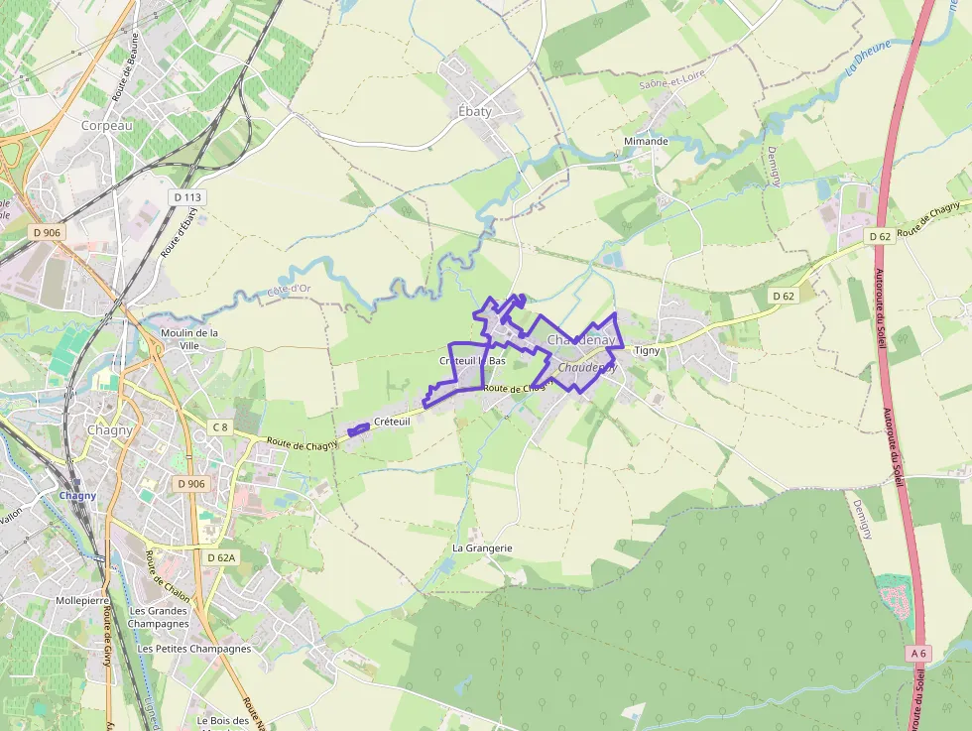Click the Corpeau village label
pyautogui.click(x=107, y=126)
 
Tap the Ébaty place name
pyautogui.click(x=474, y=111)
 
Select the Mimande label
pyautogui.click(x=646, y=141)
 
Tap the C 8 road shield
pyautogui.click(x=219, y=427)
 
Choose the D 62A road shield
pyautogui.click(x=221, y=557)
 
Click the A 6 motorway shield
pyautogui.click(x=918, y=654)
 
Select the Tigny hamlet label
pyautogui.click(x=647, y=350)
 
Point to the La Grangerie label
pyautogui.click(x=482, y=548)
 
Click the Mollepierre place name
pyautogui.click(x=82, y=601)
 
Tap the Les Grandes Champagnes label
pyautogui.click(x=159, y=617)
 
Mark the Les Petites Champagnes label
pyautogui.click(x=194, y=649)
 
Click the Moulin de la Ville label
pyautogui.click(x=189, y=339)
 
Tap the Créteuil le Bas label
pyautogui.click(x=472, y=360)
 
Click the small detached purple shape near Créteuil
pyautogui.click(x=359, y=429)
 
